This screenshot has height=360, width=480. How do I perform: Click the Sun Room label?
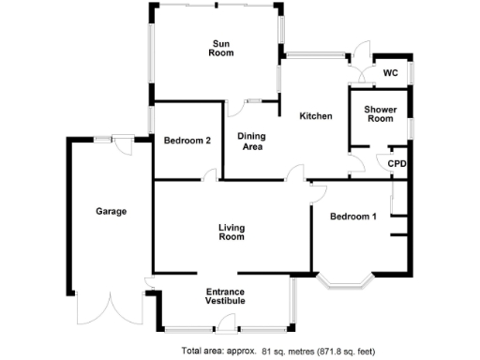click(x=221, y=49)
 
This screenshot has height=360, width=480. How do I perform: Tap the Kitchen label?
click(x=316, y=116)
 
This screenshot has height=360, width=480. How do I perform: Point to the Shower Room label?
click(x=379, y=112)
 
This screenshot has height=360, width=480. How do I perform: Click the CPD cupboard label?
click(x=397, y=163)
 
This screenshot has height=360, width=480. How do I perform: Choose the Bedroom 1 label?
click(x=353, y=217)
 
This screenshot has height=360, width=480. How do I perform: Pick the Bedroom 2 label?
click(x=187, y=141)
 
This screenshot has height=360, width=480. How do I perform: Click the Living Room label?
click(x=231, y=232)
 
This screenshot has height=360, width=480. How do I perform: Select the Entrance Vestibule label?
click(x=225, y=296)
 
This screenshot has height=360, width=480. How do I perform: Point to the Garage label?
click(x=111, y=211)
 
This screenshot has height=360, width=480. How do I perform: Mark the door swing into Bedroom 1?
click(x=317, y=193)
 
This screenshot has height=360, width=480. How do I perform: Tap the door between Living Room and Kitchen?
click(x=296, y=173)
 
